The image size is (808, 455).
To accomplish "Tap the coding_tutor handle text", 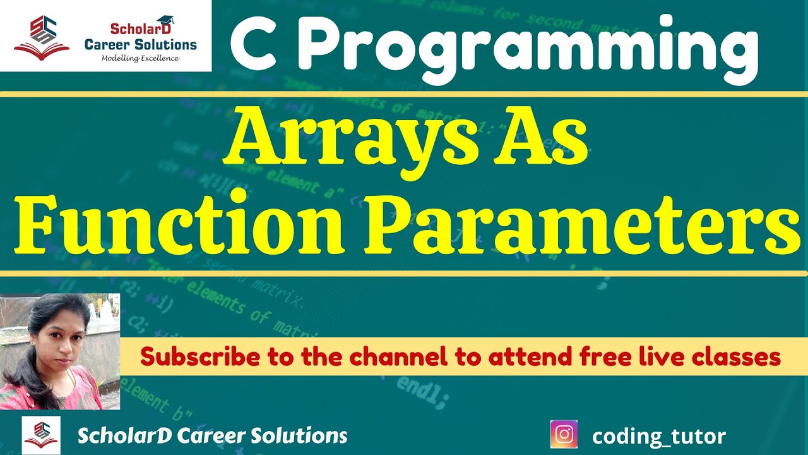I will pyautogui.click(x=659, y=436).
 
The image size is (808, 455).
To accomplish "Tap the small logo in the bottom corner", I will pyautogui.click(x=41, y=435).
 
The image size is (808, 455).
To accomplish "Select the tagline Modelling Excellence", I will pyautogui.click(x=140, y=58).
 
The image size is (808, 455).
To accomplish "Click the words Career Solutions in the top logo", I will pyautogui.click(x=141, y=44).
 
